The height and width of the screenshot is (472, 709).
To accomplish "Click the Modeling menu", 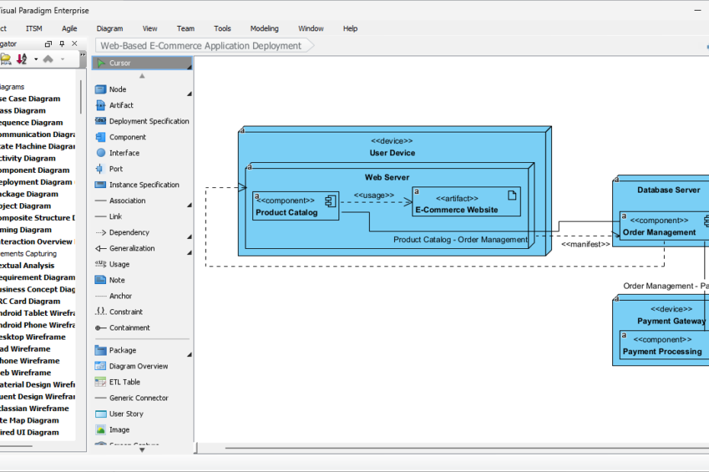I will [x=265, y=28].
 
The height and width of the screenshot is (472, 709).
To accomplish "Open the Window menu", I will [x=310, y=28].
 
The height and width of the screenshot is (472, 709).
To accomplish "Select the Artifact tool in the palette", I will [x=120, y=105].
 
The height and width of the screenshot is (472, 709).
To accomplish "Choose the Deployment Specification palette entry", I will [x=149, y=121].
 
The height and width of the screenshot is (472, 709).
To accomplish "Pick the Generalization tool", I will [x=131, y=248].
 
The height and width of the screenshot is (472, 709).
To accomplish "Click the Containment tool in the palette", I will [x=129, y=327].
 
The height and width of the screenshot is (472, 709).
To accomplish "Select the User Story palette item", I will [x=126, y=413].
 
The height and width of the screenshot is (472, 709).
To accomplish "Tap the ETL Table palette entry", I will [x=124, y=382].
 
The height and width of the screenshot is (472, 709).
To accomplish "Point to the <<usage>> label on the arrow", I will [x=374, y=195].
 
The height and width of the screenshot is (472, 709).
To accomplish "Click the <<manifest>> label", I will [x=585, y=244].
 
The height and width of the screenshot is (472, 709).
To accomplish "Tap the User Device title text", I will [x=392, y=153].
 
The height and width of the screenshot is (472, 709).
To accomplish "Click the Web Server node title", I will [x=387, y=177].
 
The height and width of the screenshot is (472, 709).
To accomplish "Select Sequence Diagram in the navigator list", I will [x=30, y=123].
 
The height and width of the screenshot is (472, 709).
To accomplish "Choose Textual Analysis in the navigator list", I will [x=27, y=266].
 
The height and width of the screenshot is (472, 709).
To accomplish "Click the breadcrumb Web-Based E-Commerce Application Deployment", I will [x=201, y=46].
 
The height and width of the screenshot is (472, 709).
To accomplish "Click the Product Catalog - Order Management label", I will [x=460, y=240].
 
